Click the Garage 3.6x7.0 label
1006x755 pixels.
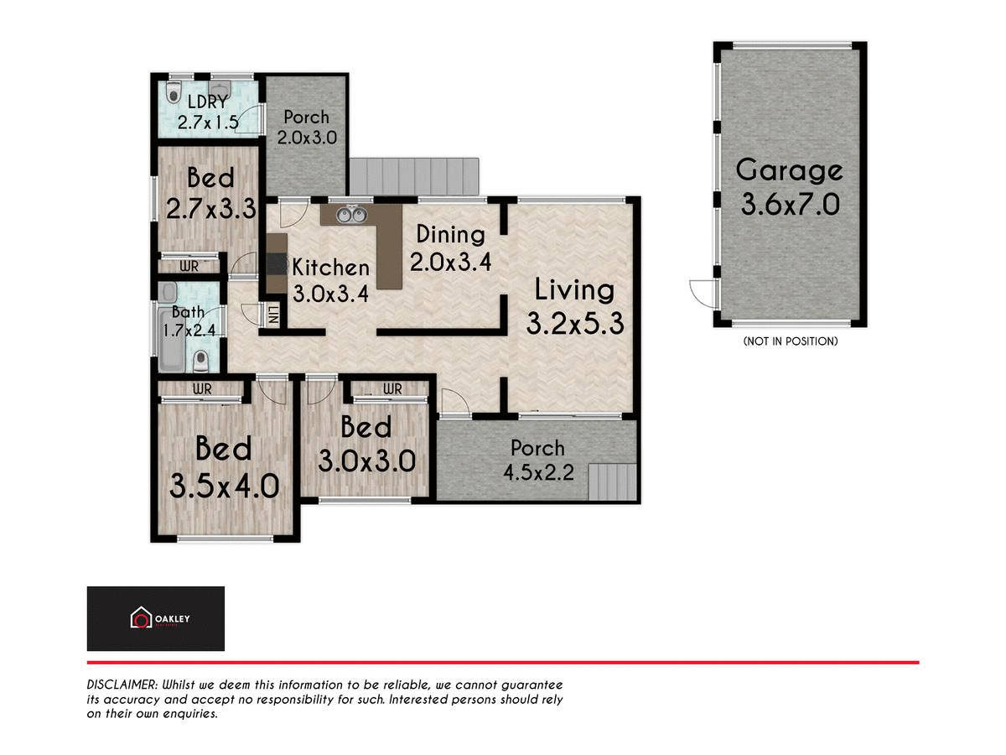tap(789, 186)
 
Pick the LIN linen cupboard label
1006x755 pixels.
tap(272, 315)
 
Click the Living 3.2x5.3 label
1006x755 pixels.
tap(575, 306)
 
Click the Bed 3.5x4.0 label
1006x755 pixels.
tap(224, 466)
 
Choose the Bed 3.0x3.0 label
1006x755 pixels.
tap(366, 445)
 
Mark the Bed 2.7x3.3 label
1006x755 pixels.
tap(210, 194)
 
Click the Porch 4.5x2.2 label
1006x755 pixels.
tap(538, 460)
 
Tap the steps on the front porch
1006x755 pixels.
tap(612, 483)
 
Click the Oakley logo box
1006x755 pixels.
tap(156, 619)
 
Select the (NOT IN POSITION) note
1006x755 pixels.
tap(790, 341)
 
